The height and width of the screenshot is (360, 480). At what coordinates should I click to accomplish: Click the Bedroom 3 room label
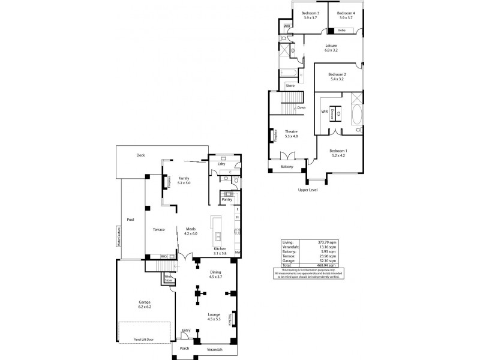[x=310, y=13]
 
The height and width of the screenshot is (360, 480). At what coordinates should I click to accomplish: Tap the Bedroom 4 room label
[x=346, y=13]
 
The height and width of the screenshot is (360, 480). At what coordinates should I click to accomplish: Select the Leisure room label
[x=331, y=46]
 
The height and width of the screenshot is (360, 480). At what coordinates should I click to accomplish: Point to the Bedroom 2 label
[x=337, y=74]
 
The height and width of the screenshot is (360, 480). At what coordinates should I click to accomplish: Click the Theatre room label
[x=291, y=131]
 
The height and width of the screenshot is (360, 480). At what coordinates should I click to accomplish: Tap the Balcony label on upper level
[x=287, y=167]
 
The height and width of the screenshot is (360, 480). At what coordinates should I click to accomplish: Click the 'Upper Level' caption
[x=308, y=190]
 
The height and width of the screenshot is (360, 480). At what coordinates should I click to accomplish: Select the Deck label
[x=140, y=155]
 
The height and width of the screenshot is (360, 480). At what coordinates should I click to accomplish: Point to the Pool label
[x=130, y=219]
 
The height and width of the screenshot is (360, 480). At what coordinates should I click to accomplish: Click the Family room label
[x=183, y=179]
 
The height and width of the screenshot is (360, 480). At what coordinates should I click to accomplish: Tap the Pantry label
[x=227, y=199]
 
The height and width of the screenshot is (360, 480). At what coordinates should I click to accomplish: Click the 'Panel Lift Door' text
[x=143, y=339]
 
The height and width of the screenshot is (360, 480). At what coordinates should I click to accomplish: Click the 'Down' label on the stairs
[x=301, y=108]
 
